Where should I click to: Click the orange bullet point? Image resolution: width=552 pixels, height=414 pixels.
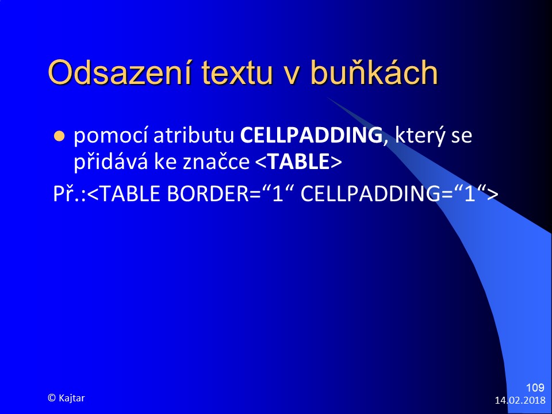pyautogui.click(x=59, y=136)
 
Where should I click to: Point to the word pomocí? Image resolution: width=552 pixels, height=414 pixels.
pyautogui.click(x=110, y=136)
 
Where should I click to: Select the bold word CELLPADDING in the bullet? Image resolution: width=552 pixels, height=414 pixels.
pyautogui.click(x=311, y=135)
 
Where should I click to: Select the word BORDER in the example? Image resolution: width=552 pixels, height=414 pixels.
pyautogui.click(x=208, y=194)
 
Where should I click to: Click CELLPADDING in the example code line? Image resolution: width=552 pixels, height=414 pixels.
pyautogui.click(x=371, y=194)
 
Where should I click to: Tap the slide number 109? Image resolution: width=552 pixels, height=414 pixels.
pyautogui.click(x=535, y=388)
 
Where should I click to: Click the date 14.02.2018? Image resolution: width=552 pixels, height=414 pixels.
pyautogui.click(x=520, y=400)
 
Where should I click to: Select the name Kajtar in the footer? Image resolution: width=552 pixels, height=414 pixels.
pyautogui.click(x=72, y=398)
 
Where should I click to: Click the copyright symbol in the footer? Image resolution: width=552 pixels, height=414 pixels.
pyautogui.click(x=52, y=398)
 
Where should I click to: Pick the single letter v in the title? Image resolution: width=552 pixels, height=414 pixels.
pyautogui.click(x=292, y=76)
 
